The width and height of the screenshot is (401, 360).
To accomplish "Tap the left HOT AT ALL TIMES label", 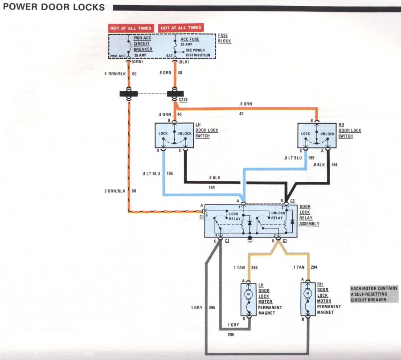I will click(x=131, y=28).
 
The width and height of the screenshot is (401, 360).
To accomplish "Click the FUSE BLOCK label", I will click(x=224, y=38).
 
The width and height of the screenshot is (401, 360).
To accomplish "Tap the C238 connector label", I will click(x=183, y=101).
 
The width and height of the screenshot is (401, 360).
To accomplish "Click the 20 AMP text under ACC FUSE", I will click(x=187, y=45).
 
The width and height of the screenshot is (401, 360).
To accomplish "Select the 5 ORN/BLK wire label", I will click(x=115, y=73).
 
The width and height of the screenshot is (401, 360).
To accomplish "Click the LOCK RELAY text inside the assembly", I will click(x=233, y=216).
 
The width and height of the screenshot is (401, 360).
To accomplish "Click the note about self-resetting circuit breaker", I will click(x=373, y=294).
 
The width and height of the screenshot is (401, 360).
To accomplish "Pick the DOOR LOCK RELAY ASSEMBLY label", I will click(x=310, y=215).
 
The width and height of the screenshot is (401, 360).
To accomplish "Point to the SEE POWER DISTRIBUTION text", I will click(x=192, y=53).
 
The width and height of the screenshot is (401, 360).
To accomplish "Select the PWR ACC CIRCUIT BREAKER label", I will click(x=143, y=44).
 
